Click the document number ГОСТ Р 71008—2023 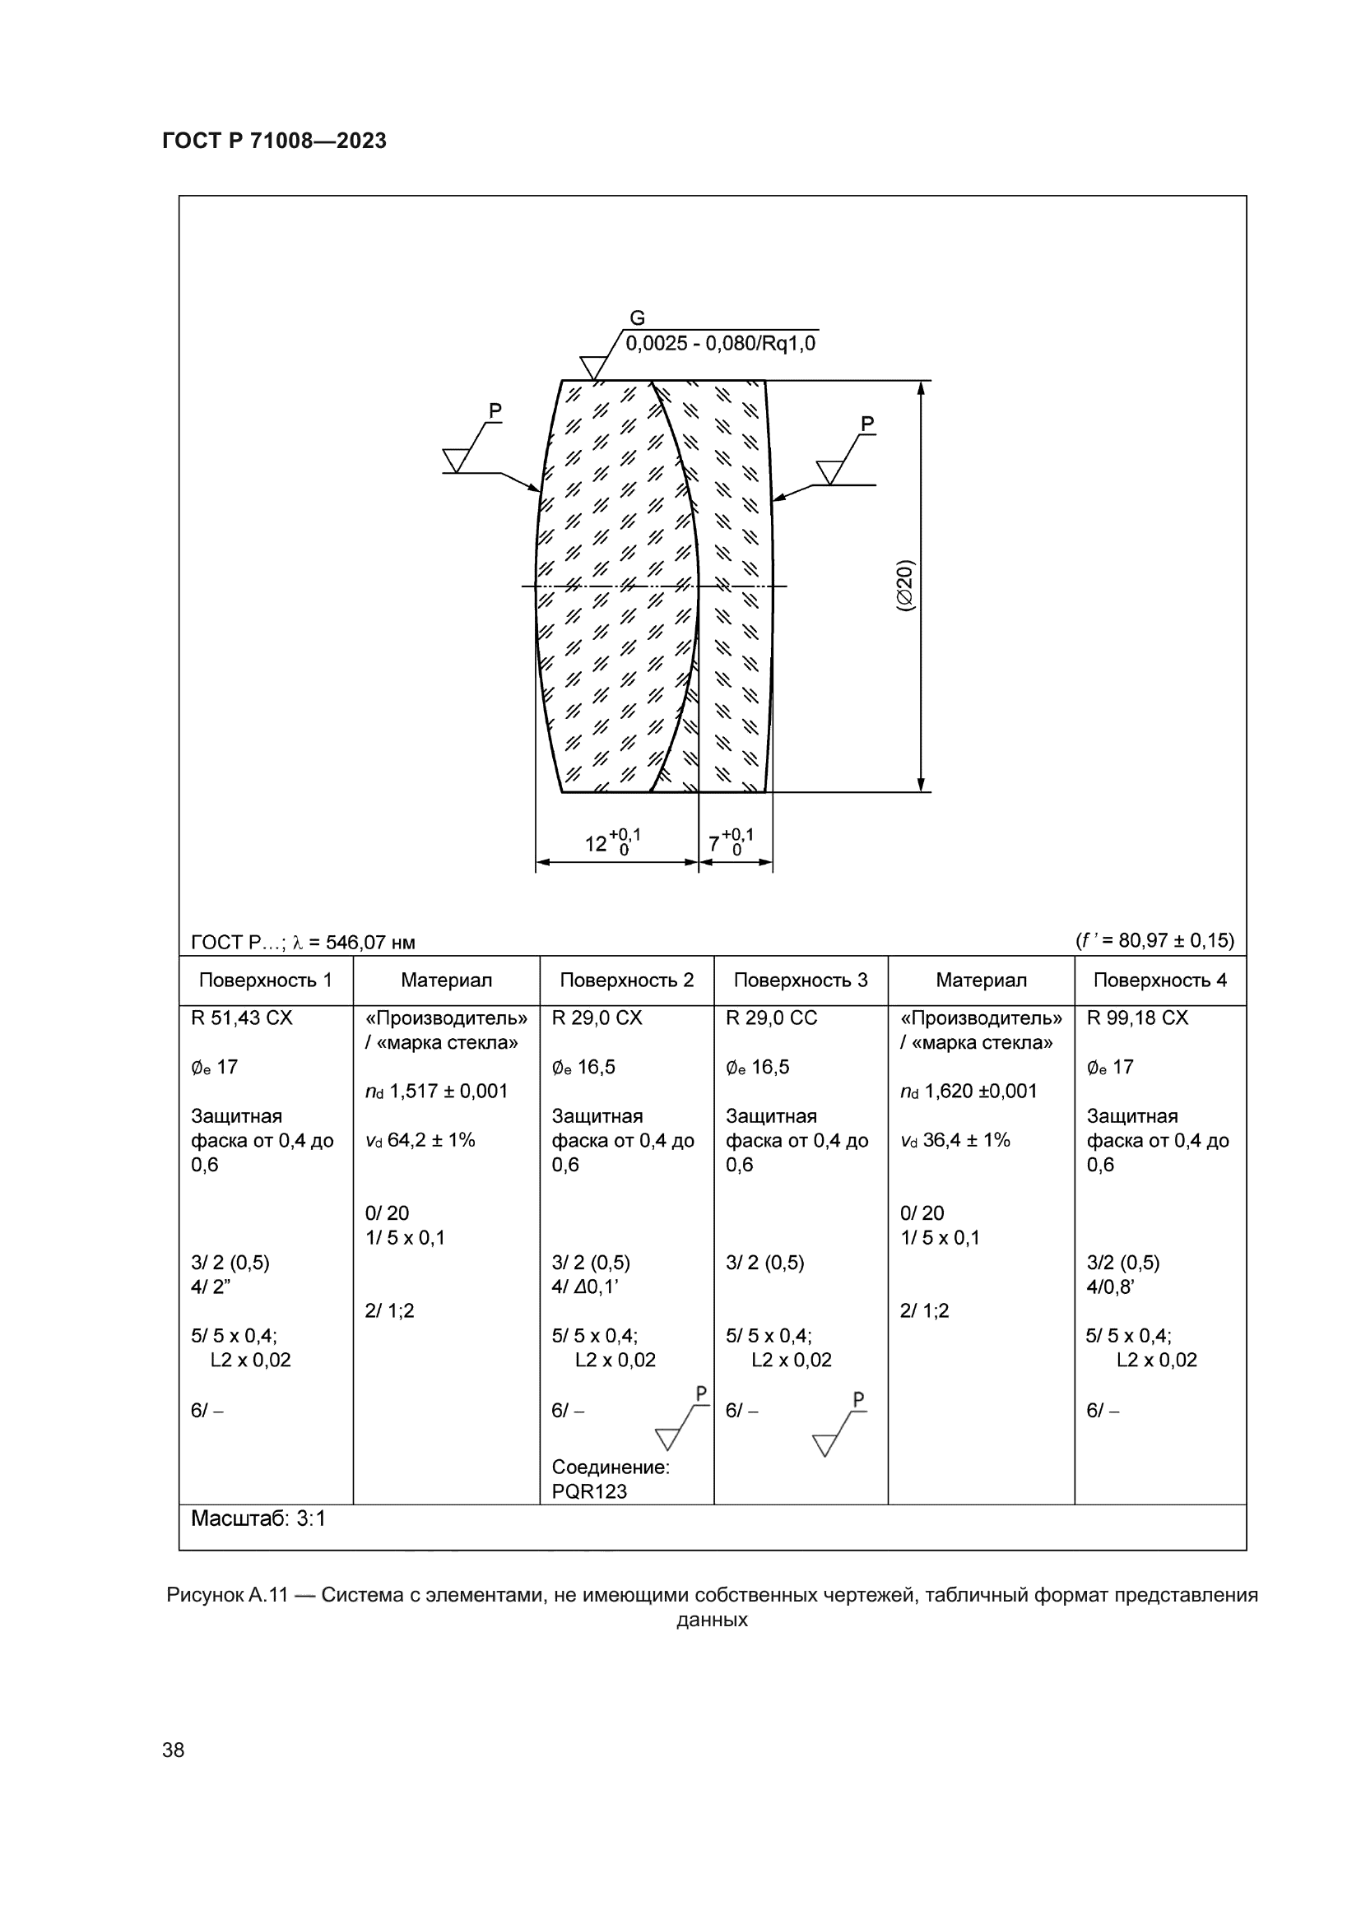pos(274,141)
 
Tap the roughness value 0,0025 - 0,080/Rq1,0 pos(720,344)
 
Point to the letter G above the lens pos(637,318)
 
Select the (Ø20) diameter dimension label pos(906,586)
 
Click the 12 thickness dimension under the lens pos(597,843)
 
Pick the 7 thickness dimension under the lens pos(715,843)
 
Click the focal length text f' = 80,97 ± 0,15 pos(1154,940)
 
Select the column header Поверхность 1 pos(266,981)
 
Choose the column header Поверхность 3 pos(801,981)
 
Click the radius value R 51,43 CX pos(242,1018)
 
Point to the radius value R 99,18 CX pos(1137,1018)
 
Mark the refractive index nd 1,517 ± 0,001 pos(437,1091)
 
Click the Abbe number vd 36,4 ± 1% pos(955,1139)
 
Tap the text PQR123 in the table pos(589,1491)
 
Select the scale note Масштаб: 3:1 pos(258,1518)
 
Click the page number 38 pos(174,1750)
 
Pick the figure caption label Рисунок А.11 pos(227,1595)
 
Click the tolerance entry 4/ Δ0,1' pos(585,1287)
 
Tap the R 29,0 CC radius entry pos(771,1018)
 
